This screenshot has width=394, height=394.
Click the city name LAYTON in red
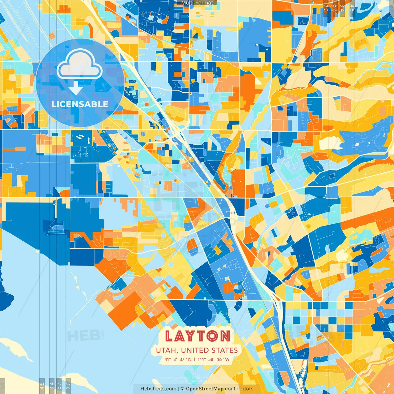tap(197, 336)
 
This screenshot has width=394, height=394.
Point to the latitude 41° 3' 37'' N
tap(178, 359)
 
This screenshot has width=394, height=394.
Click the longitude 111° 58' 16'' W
tap(214, 359)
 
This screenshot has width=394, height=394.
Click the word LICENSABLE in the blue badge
tap(80, 104)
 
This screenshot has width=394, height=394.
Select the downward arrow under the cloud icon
tap(76, 88)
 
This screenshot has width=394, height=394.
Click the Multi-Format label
tap(197, 3)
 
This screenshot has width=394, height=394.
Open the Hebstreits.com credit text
tap(158, 389)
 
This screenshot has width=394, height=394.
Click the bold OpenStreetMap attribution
tap(205, 389)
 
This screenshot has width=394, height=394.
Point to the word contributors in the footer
tap(239, 389)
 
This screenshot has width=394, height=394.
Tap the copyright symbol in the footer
tap(182, 389)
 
